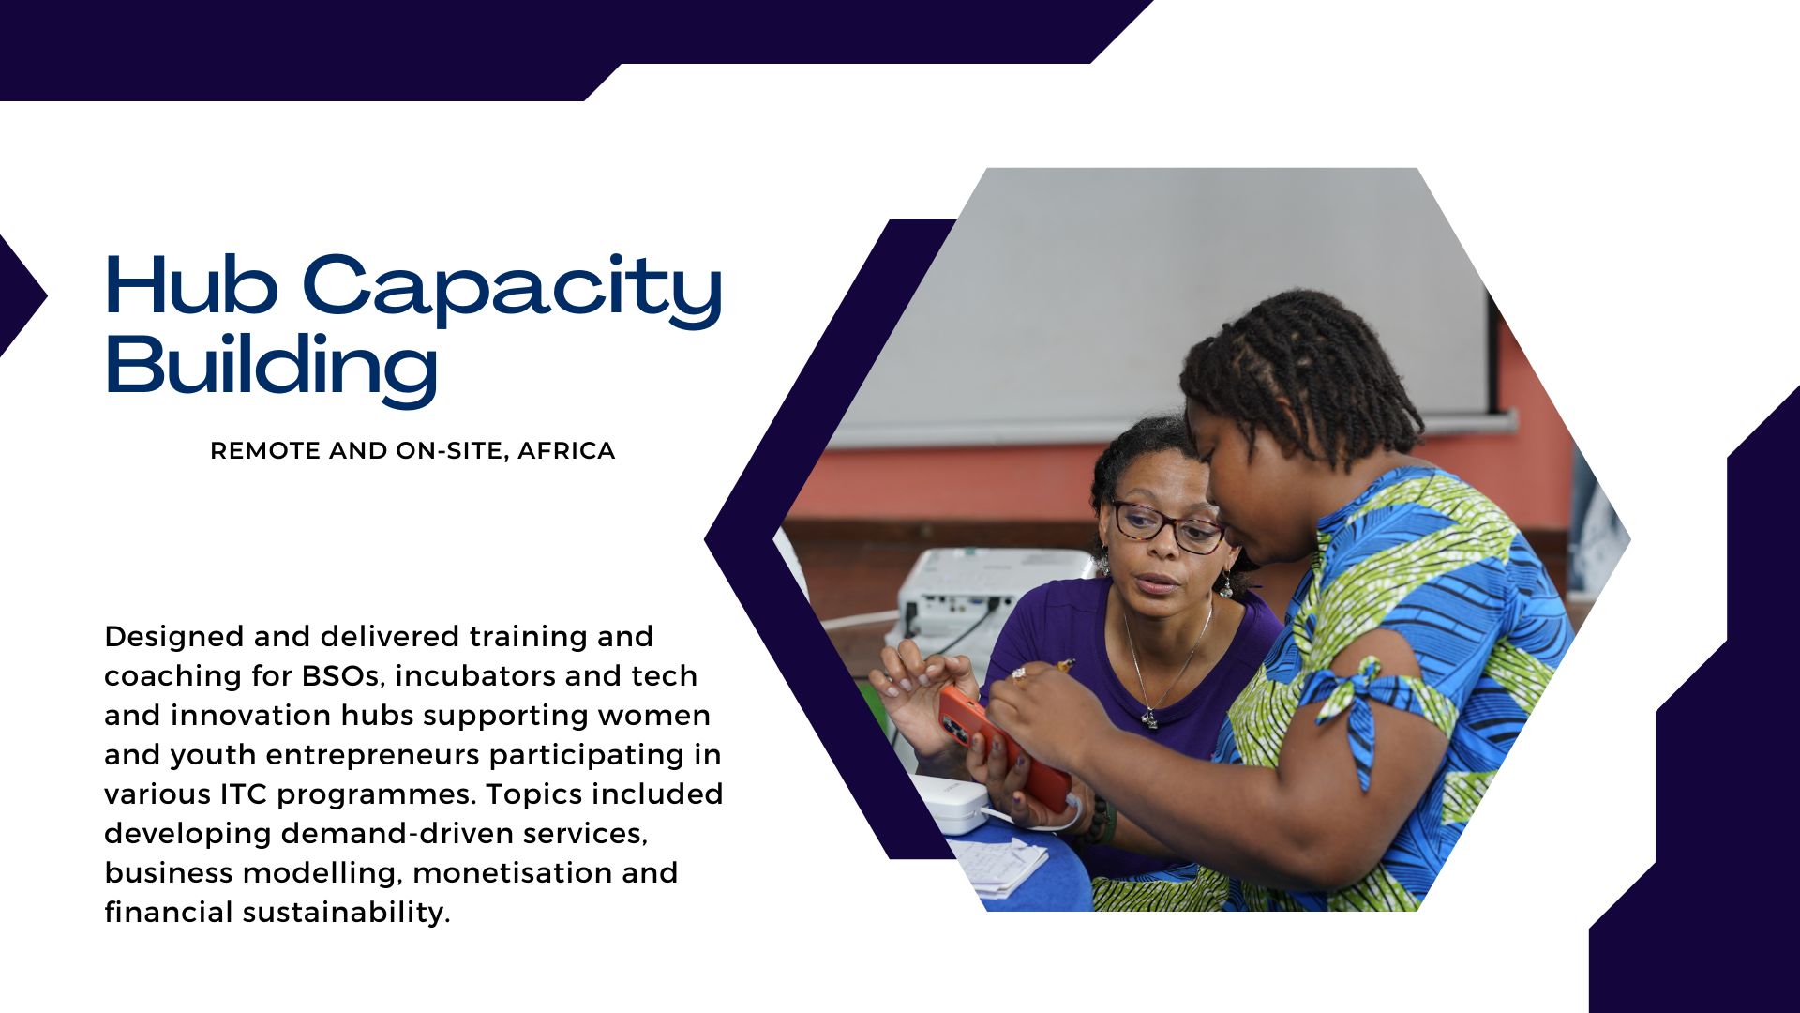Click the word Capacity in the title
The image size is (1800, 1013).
512,290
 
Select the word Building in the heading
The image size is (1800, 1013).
271,368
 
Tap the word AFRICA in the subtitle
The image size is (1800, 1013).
566,451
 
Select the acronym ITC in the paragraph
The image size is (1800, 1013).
244,794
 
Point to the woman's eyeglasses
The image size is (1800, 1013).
1168,526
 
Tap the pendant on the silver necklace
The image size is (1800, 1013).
1149,718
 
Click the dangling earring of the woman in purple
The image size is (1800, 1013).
1225,585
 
